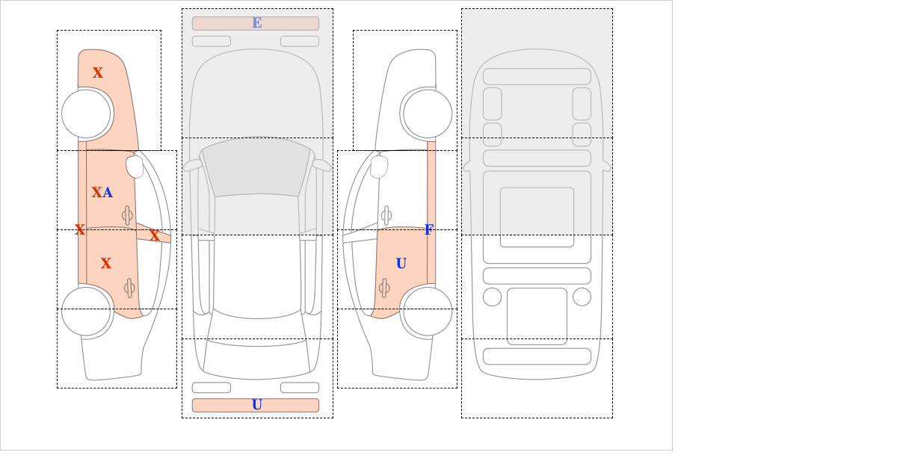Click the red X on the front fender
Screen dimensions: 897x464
click(x=98, y=73)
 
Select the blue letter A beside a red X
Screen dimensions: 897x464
click(x=108, y=193)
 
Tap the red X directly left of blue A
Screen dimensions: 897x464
click(x=97, y=193)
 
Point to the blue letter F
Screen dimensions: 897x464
click(x=429, y=230)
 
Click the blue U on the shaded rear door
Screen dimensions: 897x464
click(x=401, y=264)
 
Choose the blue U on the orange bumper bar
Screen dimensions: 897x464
click(x=257, y=405)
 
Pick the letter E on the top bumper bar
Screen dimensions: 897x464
click(x=257, y=23)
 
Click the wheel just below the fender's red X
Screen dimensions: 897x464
click(x=86, y=114)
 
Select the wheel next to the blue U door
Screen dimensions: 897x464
click(x=428, y=311)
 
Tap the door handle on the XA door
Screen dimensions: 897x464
click(x=127, y=216)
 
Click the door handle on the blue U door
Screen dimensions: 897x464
click(x=384, y=288)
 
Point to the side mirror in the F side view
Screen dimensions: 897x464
click(x=379, y=167)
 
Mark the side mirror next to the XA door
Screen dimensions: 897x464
click(x=135, y=167)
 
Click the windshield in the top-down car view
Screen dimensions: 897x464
click(x=256, y=167)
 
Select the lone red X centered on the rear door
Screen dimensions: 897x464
click(x=105, y=264)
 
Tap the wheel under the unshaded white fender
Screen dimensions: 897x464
click(x=428, y=114)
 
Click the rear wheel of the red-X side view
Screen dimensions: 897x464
click(x=86, y=311)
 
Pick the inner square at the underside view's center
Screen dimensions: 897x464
click(x=537, y=217)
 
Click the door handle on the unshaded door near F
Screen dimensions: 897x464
click(x=386, y=216)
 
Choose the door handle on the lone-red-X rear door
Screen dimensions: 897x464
click(x=129, y=288)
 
